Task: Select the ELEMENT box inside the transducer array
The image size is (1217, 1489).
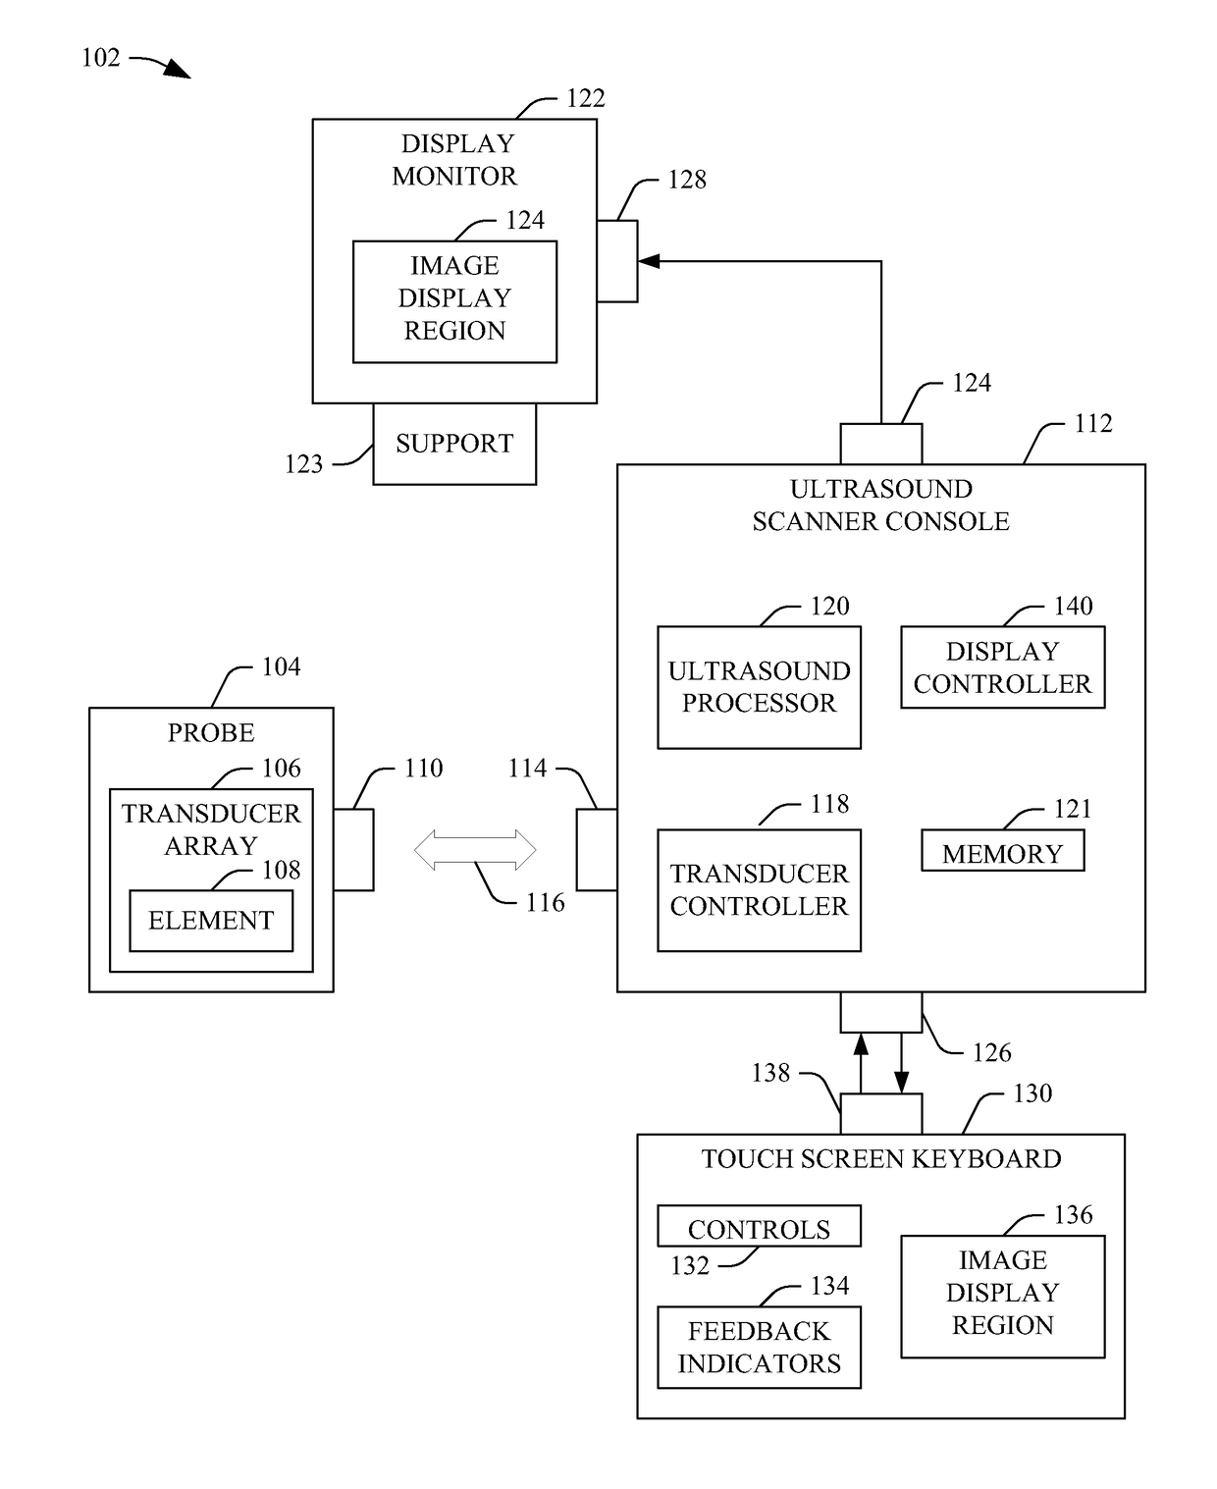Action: point(210,920)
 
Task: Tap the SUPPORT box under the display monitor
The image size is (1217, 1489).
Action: point(453,444)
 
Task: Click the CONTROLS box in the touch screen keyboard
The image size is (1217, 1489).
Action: point(759,1226)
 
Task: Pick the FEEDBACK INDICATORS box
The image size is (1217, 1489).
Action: point(759,1347)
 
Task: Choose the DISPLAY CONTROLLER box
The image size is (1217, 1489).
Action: point(1002,666)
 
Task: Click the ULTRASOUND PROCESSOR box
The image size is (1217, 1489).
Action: point(759,687)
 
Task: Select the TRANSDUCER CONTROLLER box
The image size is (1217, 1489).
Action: point(759,889)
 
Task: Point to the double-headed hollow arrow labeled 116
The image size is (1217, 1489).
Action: point(474,849)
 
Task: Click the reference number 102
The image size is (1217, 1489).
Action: point(101,58)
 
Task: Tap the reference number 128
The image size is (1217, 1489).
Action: point(687,180)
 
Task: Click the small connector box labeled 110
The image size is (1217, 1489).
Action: point(353,849)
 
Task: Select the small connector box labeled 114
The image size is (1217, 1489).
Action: point(597,849)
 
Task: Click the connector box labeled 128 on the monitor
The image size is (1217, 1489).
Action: point(617,261)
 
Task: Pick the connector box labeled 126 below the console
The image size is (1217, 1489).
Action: point(881,1012)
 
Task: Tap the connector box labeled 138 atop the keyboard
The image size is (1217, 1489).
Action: point(881,1114)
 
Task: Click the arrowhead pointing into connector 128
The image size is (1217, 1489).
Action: point(648,261)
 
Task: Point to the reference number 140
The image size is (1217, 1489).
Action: point(1073,606)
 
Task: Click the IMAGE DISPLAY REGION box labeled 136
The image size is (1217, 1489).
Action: point(1002,1297)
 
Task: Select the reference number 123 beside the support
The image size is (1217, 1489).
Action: point(303,464)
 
